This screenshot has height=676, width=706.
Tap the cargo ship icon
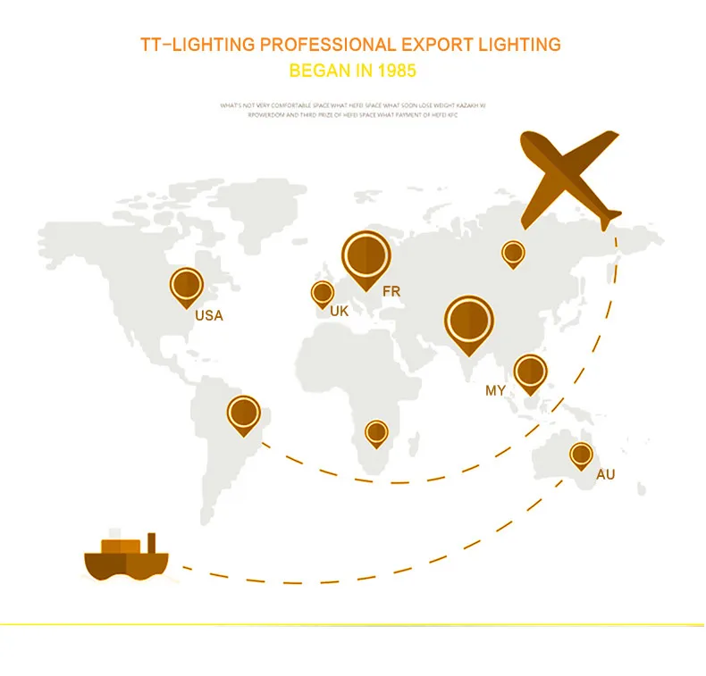point(126,558)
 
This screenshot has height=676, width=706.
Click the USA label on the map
point(209,315)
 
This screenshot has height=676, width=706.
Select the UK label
point(339,312)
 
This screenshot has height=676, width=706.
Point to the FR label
point(391,291)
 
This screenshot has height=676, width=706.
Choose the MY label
point(495,390)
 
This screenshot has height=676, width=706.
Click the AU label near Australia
point(605,474)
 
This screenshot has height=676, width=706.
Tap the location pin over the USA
point(187,285)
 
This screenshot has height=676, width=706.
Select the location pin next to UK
point(322,292)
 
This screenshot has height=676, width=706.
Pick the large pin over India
point(469,321)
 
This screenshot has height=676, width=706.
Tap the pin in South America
point(243,413)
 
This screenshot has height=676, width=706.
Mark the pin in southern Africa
point(376,434)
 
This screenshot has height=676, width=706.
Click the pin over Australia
point(581,455)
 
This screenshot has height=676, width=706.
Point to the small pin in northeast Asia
point(512,254)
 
